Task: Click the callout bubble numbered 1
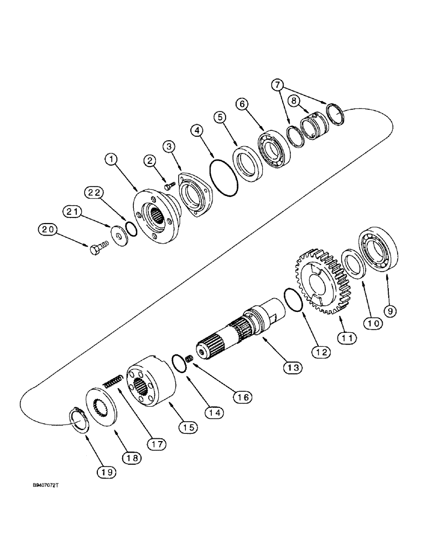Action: click(x=112, y=160)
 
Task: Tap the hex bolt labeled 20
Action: click(x=97, y=249)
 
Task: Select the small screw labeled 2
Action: click(x=166, y=187)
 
